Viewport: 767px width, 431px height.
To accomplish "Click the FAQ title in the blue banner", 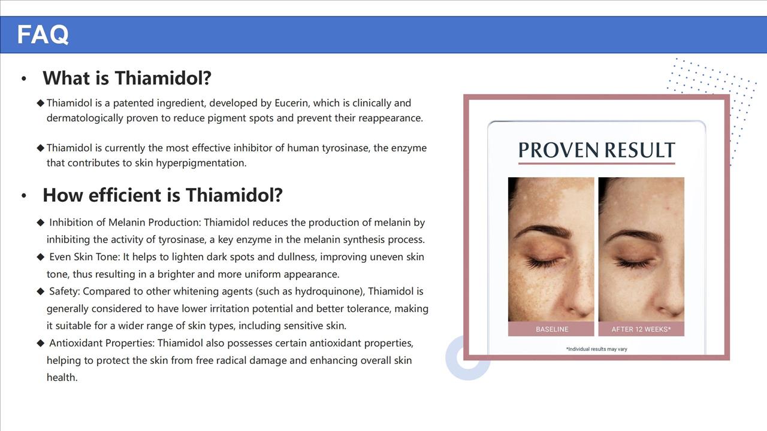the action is point(43,34).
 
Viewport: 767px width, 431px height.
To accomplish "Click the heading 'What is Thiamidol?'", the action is point(127,78).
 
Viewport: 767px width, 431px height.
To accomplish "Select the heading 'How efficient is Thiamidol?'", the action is point(162,195).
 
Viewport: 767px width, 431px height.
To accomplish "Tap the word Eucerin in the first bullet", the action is point(292,103).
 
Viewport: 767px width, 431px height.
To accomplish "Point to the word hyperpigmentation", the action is point(201,163).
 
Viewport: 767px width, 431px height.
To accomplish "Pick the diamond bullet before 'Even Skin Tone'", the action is point(40,257).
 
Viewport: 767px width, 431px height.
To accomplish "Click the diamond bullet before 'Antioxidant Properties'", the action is point(40,343).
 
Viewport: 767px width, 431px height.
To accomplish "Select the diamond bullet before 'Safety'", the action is point(40,292).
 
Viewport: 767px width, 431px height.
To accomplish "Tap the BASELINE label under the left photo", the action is point(552,329).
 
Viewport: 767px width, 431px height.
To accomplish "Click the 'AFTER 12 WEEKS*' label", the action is point(641,329).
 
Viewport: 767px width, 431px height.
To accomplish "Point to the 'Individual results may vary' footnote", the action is point(596,349).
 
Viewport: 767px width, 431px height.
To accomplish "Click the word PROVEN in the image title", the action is point(559,150).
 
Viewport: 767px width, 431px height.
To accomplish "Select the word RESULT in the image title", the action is point(639,150).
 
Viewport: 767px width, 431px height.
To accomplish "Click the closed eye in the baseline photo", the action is point(543,262).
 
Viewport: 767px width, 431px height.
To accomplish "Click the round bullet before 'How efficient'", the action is point(23,196).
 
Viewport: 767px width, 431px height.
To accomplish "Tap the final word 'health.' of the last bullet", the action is point(62,378).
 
